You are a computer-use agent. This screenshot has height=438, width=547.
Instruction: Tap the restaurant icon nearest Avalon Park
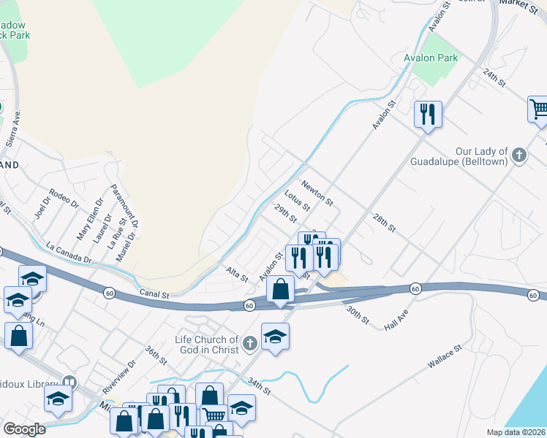click(428, 114)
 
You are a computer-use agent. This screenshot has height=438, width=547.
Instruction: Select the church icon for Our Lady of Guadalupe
click(518, 155)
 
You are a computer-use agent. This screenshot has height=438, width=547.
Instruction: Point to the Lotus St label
click(298, 201)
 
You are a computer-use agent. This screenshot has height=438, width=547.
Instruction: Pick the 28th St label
click(383, 223)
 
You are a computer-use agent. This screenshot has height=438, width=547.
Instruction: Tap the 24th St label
click(494, 78)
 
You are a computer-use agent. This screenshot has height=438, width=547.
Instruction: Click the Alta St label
click(237, 274)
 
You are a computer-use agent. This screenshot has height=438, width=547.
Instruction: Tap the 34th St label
click(259, 386)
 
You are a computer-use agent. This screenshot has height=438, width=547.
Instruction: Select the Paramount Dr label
click(125, 206)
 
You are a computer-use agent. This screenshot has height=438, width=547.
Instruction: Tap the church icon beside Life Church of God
click(250, 342)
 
